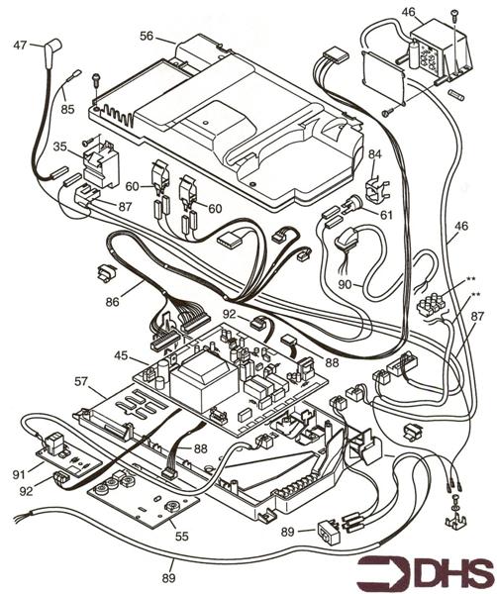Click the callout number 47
pos(20,46)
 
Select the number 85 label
pos(67,110)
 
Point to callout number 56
pos(147,36)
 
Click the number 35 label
pos(59,147)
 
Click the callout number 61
pos(386,215)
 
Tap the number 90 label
pos(346,284)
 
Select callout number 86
pos(113,302)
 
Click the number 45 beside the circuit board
pos(121,356)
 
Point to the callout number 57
pos(81,381)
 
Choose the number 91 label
pos(19,474)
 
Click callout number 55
pos(182,536)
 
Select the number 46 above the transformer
pos(408,12)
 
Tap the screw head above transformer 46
pos(453,13)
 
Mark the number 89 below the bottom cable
pos(169,578)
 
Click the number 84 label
pos(374,154)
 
